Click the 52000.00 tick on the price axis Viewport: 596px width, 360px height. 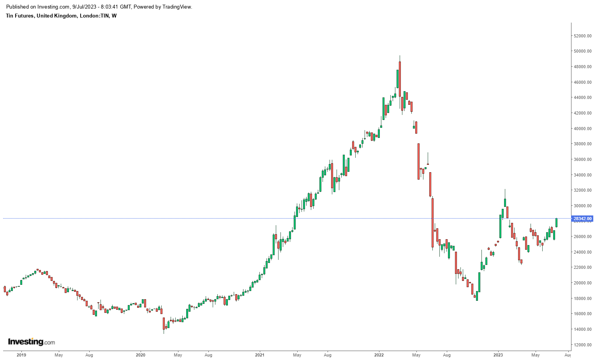pos(583,36)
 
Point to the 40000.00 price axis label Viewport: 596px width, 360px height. pos(583,129)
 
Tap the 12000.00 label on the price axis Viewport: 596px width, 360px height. pos(583,345)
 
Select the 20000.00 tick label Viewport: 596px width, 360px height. pos(583,283)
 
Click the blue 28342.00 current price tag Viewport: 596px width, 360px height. pos(583,219)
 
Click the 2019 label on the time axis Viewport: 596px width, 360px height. pos(21,355)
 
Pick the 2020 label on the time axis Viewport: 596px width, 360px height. pos(141,355)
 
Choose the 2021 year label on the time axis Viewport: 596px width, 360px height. pos(260,355)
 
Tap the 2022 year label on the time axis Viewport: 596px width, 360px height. pos(379,355)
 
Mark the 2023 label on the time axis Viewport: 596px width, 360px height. pos(498,355)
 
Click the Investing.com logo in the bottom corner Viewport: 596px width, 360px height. pos(32,342)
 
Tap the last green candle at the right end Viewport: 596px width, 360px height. pos(557,222)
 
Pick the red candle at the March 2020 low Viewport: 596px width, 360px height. pos(164,323)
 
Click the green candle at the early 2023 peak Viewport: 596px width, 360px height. pos(505,203)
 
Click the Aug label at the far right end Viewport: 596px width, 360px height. pos(568,355)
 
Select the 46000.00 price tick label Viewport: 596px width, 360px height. pos(583,82)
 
